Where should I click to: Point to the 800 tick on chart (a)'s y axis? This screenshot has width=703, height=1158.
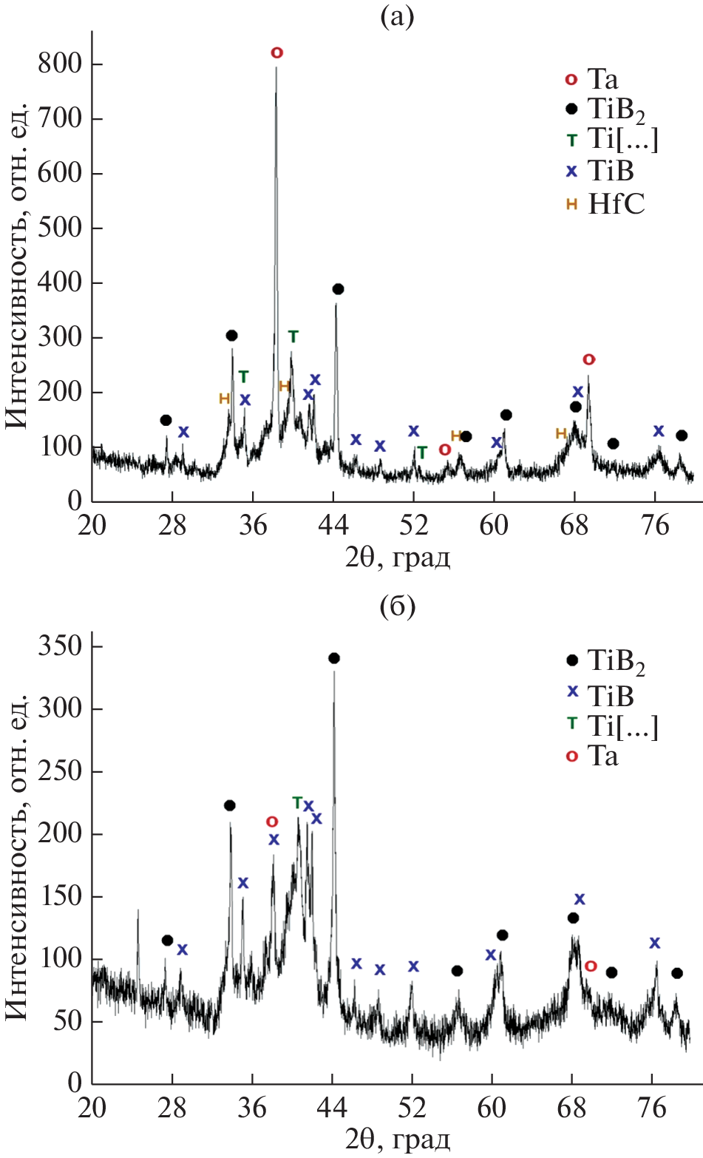pos(59,64)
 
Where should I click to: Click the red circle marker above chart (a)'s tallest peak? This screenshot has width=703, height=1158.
pos(276,53)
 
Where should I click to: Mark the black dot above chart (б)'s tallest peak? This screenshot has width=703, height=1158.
pos(333,658)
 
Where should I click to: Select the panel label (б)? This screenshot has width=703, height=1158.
pos(397,607)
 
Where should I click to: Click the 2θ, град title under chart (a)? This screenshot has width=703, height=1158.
pos(398,556)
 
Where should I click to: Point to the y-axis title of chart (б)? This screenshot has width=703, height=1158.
pos(18,858)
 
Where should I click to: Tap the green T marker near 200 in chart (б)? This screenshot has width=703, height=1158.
pos(297,802)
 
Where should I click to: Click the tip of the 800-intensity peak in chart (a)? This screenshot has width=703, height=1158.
pos(276,68)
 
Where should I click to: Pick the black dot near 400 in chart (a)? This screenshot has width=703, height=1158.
pos(338,289)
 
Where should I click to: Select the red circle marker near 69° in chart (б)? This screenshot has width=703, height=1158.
pos(590,966)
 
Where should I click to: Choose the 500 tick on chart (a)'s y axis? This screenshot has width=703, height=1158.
pos(59,228)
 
